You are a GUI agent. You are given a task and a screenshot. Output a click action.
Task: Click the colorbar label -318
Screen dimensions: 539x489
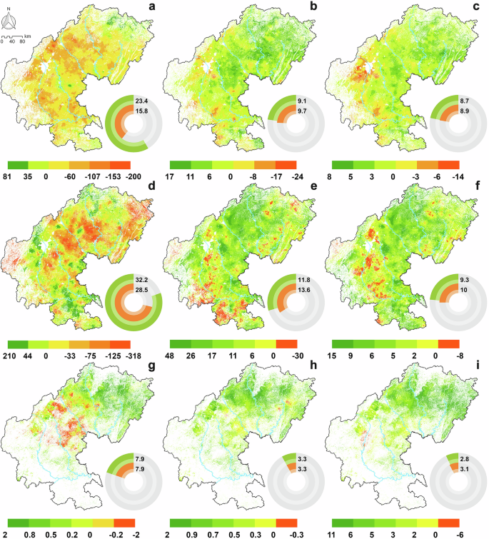click(140, 355)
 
